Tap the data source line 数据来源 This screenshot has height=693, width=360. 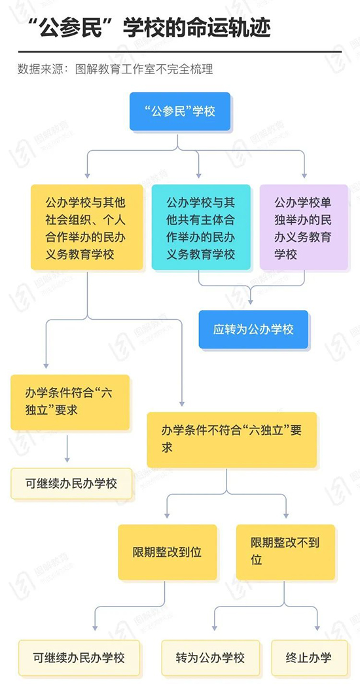[x=115, y=69]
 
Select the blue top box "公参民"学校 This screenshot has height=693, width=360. [x=180, y=111]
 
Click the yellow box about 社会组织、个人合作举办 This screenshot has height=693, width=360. [x=87, y=227]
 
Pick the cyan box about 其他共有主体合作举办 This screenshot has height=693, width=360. [x=201, y=227]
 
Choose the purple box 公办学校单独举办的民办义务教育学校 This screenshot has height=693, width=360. [x=304, y=227]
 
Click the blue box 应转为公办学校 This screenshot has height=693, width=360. [x=253, y=329]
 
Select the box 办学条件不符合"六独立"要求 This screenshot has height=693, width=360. [x=232, y=440]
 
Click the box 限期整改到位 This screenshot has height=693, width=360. [x=168, y=552]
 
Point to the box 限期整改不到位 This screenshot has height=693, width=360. [x=285, y=552]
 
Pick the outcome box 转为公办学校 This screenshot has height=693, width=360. [x=210, y=658]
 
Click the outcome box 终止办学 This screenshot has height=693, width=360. [x=308, y=658]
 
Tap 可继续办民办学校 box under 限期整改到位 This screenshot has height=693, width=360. [x=79, y=658]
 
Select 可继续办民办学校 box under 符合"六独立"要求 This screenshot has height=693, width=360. [x=71, y=483]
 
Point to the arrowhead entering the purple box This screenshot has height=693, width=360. [x=304, y=176]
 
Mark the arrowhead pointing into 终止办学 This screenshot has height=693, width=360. [x=317, y=627]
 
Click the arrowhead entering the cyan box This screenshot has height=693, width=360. [x=198, y=176]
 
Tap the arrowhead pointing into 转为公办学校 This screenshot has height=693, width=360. [x=215, y=627]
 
